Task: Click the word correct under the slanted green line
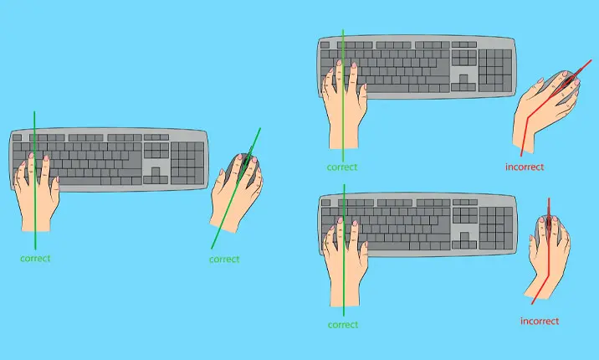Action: click(224, 260)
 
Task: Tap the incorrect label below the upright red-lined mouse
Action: click(540, 321)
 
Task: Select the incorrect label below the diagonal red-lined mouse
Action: click(525, 167)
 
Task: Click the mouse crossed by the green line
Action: click(243, 169)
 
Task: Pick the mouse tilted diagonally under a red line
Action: click(561, 86)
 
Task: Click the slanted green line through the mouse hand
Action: click(236, 188)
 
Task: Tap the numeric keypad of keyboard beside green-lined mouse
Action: click(188, 163)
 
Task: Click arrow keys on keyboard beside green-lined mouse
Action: click(156, 176)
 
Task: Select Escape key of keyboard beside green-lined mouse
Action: click(17, 137)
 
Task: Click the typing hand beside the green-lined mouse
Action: click(37, 193)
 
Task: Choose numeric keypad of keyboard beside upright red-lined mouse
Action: click(496, 229)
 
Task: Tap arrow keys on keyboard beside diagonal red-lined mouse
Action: click(463, 83)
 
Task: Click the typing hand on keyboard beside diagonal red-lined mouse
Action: click(345, 105)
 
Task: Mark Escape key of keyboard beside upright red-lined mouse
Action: click(326, 203)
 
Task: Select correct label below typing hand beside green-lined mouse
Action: click(35, 259)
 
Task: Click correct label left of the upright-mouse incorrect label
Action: click(343, 325)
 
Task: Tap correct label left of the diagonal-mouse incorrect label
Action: click(342, 167)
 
